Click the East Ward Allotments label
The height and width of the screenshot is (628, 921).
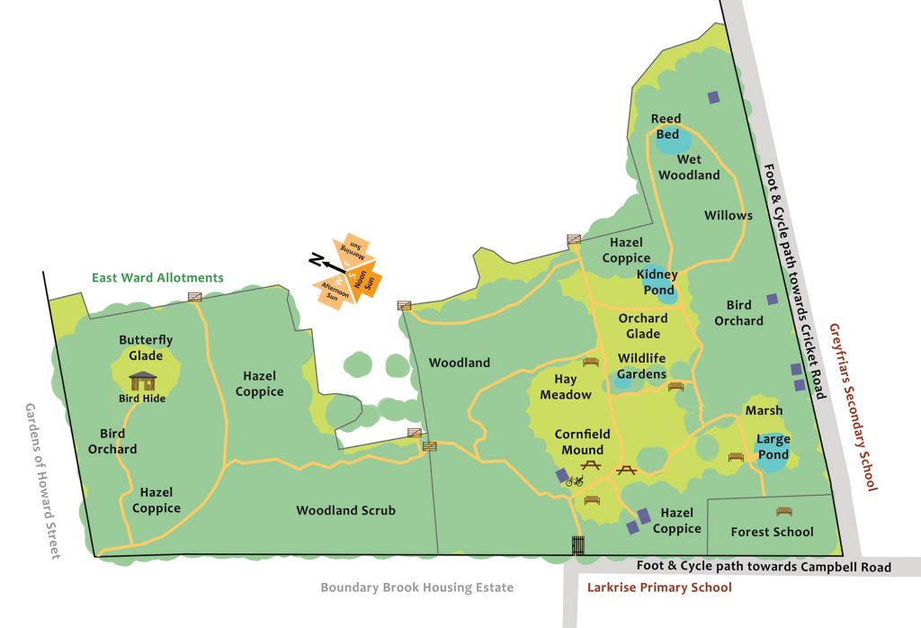pyautogui.click(x=157, y=277)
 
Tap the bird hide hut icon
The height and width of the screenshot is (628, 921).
pyautogui.click(x=143, y=381)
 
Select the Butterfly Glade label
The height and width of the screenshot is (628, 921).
pyautogui.click(x=146, y=347)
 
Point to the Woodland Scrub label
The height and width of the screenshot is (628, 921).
pyautogui.click(x=345, y=510)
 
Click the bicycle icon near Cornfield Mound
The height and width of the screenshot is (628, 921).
pyautogui.click(x=574, y=481)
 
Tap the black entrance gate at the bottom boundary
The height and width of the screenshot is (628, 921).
pyautogui.click(x=577, y=545)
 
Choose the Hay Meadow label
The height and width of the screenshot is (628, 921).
pyautogui.click(x=566, y=387)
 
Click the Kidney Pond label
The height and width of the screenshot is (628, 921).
pyautogui.click(x=657, y=282)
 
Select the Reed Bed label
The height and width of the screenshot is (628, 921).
pyautogui.click(x=666, y=126)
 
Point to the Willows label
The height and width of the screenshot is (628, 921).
pyautogui.click(x=728, y=215)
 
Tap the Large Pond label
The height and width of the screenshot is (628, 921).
pyautogui.click(x=773, y=447)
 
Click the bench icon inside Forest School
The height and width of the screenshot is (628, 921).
pyautogui.click(x=783, y=511)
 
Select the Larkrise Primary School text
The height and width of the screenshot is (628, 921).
pyautogui.click(x=659, y=588)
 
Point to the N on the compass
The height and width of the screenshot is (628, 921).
pyautogui.click(x=316, y=261)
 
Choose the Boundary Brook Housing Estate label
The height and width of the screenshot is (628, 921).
pyautogui.click(x=416, y=588)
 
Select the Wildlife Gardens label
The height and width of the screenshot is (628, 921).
pyautogui.click(x=641, y=366)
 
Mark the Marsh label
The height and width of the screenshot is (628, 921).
pyautogui.click(x=764, y=410)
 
